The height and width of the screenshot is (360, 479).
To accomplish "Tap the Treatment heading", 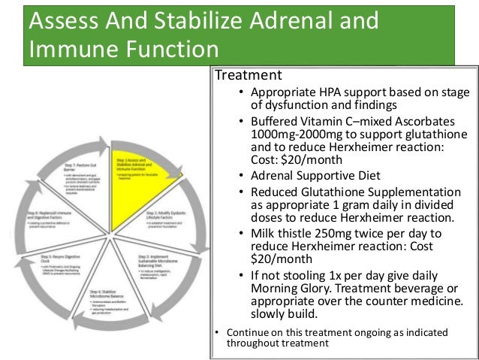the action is (x=249, y=75).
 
